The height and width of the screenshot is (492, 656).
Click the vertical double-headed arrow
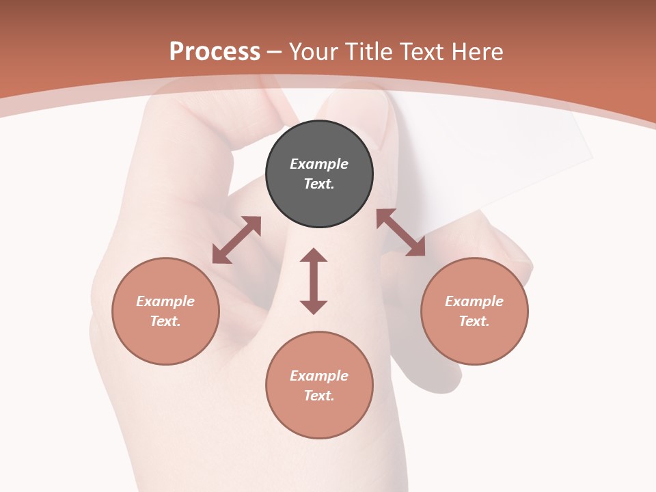coord(314,281)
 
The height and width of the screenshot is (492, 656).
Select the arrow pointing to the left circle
coord(236,240)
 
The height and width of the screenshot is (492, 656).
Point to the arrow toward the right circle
coord(400,232)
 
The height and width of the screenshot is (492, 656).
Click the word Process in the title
coord(215,51)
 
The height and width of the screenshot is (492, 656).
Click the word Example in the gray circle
coord(319,164)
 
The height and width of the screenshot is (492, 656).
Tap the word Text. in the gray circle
coord(319,184)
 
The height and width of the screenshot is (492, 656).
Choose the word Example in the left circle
coord(165,301)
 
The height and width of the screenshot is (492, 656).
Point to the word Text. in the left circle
coord(165,321)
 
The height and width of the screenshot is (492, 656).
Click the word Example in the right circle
coord(474,301)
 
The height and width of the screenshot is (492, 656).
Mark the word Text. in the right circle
coord(474,321)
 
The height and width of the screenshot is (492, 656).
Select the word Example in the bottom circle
coord(319,376)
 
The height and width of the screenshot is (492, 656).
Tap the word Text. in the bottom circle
coord(319,396)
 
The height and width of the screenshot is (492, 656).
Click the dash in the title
coord(275,53)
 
